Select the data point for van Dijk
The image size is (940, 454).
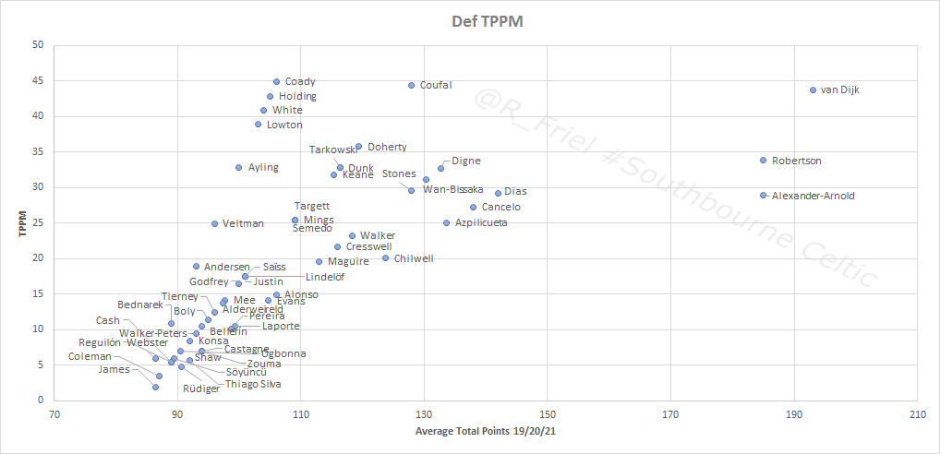pos(813,90)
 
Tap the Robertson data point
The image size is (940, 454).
pos(763,161)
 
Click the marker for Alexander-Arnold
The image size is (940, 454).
pos(763,196)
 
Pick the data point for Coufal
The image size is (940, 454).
pos(412,86)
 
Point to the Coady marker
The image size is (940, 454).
pos(276,82)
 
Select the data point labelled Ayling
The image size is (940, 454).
pos(238,168)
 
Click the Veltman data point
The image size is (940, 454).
pos(214,223)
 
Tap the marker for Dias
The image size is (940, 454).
pos(498,194)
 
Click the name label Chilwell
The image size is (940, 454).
pos(414,259)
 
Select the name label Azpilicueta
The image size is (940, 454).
pos(481,223)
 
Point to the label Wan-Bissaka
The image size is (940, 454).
pos(453,190)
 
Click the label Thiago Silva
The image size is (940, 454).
pos(253,384)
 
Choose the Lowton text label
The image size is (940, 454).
pos(284,125)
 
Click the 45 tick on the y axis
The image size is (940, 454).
pos(38,80)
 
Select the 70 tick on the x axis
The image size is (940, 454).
pos(54,414)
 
